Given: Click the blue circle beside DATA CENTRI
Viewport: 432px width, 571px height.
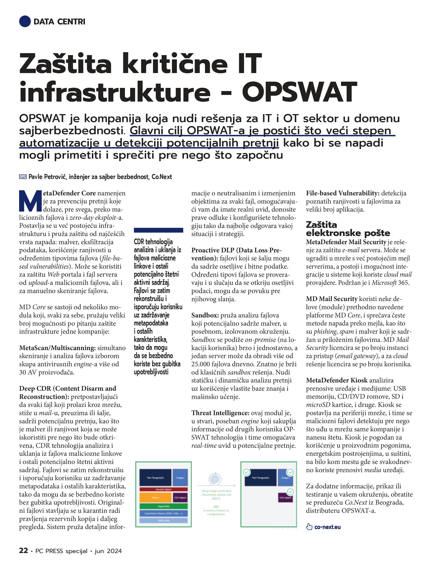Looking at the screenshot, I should pyautogui.click(x=25, y=21).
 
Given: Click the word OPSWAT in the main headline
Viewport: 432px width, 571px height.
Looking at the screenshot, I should pyautogui.click(x=299, y=92).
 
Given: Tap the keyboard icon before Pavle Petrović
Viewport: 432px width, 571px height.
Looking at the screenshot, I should pyautogui.click(x=23, y=177).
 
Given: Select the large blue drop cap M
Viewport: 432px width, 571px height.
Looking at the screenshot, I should pyautogui.click(x=30, y=201).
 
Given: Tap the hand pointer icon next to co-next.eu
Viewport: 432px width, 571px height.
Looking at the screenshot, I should pyautogui.click(x=309, y=527).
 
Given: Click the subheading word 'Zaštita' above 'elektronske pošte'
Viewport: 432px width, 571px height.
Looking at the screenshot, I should pyautogui.click(x=321, y=225).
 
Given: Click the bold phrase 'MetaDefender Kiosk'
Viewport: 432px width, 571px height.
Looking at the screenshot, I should pyautogui.click(x=337, y=380).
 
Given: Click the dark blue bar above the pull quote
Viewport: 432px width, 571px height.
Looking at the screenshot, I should pyautogui.click(x=159, y=230).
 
